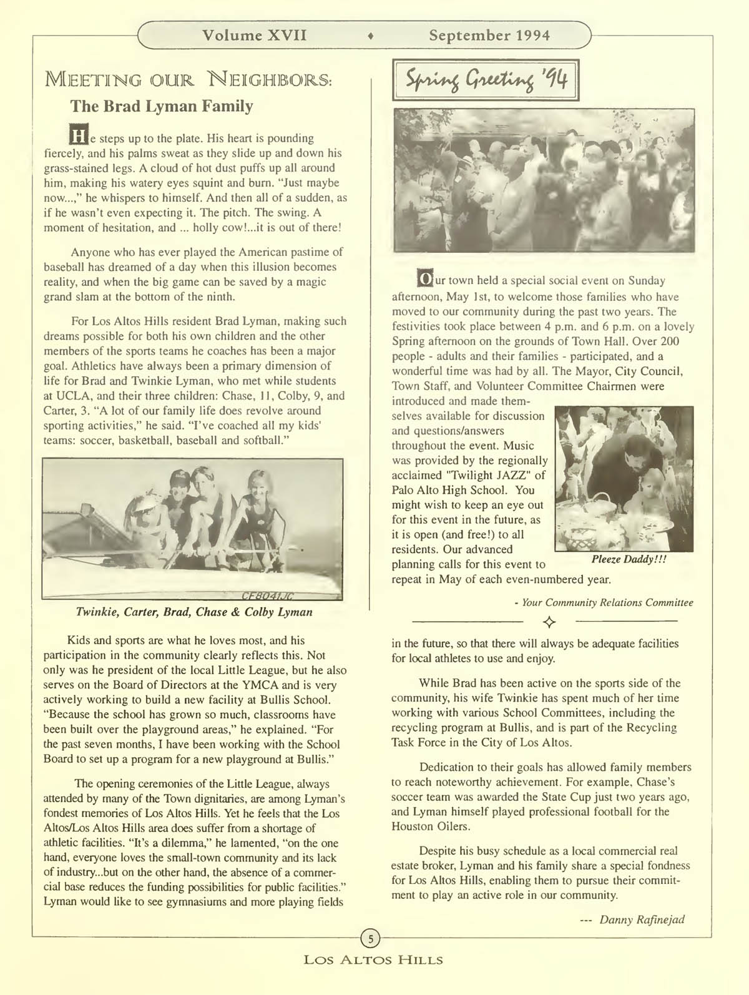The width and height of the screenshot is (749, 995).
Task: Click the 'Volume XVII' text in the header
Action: pos(255,35)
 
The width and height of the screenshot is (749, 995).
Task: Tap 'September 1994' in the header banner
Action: pos(489,35)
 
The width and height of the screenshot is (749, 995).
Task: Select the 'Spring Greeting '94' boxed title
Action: pos(487,80)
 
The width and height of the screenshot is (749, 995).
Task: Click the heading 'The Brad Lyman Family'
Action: pos(162,106)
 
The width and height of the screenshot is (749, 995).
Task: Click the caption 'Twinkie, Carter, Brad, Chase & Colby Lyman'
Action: pos(193,612)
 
